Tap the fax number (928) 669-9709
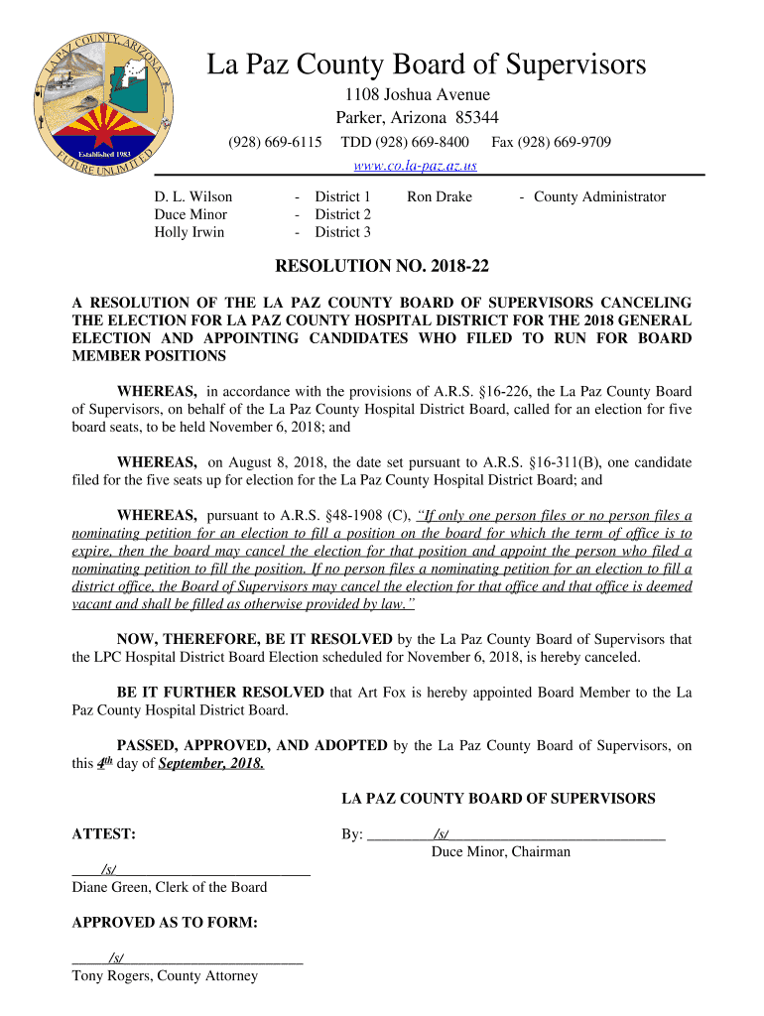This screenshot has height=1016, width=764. (552, 143)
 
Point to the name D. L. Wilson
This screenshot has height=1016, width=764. (192, 196)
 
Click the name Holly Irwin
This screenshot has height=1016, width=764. (189, 232)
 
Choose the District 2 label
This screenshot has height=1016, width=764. (342, 214)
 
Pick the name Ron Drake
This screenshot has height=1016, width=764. (440, 196)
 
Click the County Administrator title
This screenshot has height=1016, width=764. (599, 196)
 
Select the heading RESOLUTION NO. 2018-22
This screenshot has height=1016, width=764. (382, 266)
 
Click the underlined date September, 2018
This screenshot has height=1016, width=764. (211, 764)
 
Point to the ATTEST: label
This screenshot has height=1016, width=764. (104, 834)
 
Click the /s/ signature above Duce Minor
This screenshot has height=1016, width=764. (442, 834)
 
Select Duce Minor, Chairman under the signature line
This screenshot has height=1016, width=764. (501, 852)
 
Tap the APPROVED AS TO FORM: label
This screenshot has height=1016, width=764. (165, 923)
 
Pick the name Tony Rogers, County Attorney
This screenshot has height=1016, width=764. (165, 975)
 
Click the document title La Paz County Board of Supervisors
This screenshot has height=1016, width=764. (426, 65)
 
